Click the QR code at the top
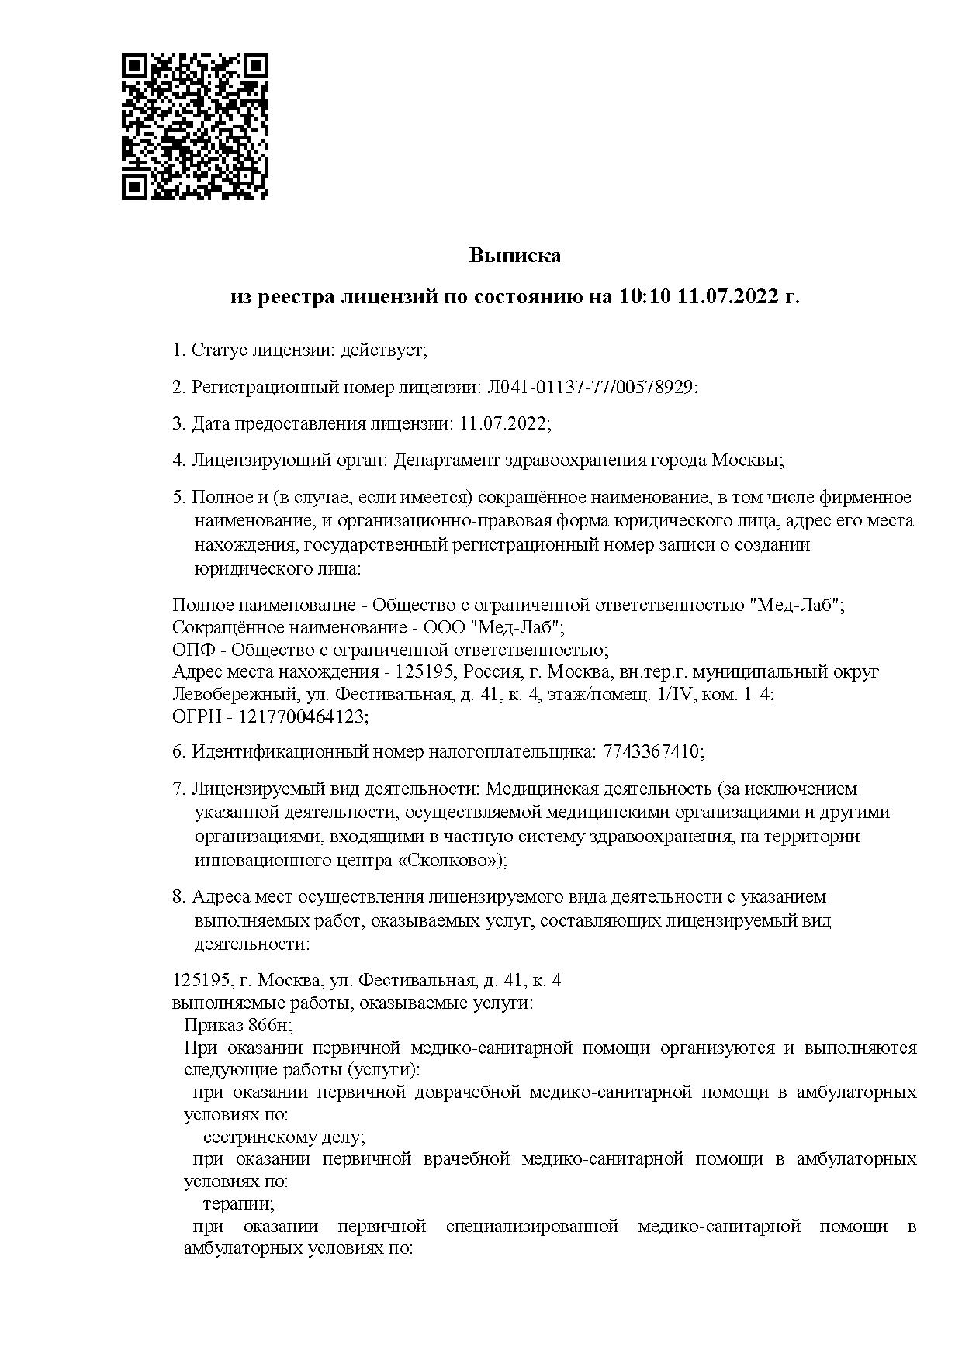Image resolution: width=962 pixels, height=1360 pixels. [196, 126]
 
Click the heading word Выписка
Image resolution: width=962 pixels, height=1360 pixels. [514, 256]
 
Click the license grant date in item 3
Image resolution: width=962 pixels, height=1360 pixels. [503, 423]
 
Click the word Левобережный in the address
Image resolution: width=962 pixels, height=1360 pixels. [230, 694]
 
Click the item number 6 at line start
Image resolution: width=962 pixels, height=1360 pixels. [178, 752]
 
